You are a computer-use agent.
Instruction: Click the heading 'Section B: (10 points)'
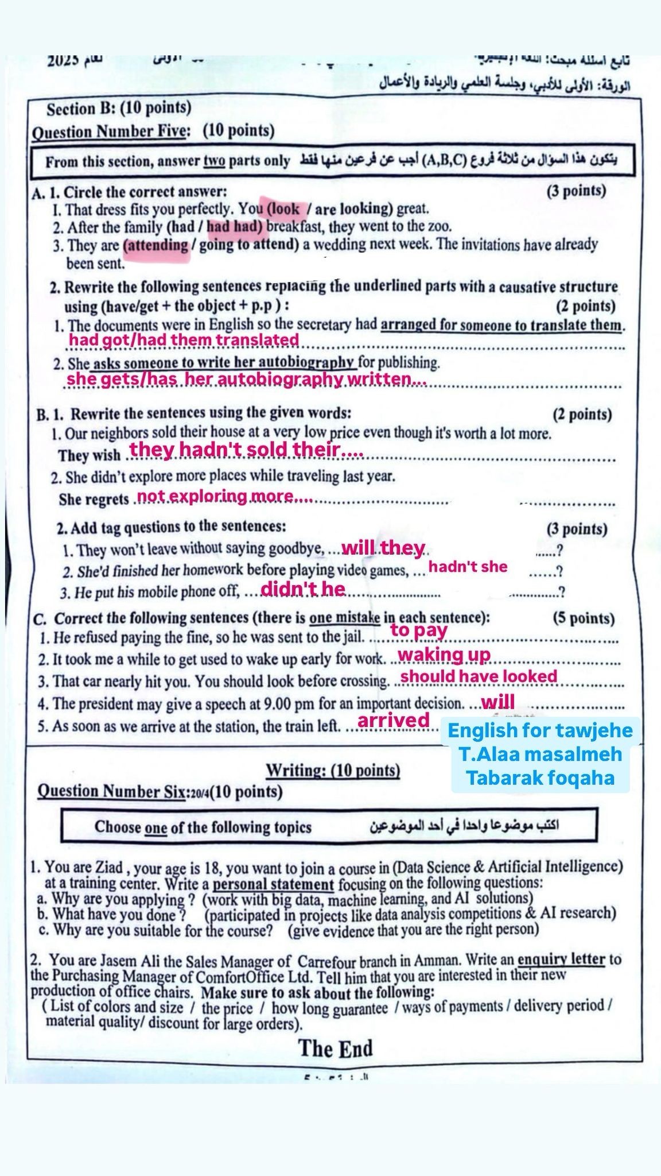click(119, 108)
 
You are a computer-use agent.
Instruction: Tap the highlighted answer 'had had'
click(234, 227)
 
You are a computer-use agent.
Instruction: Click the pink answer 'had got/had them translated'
click(184, 340)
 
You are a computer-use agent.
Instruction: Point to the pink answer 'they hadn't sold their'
click(246, 450)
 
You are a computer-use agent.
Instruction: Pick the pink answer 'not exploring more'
click(224, 496)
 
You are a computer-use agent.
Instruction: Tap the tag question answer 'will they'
click(383, 548)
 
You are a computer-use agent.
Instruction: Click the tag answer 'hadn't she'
click(468, 567)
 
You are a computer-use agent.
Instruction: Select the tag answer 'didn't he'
click(303, 589)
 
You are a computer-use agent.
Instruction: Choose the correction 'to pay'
click(419, 630)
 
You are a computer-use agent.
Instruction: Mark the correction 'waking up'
click(444, 655)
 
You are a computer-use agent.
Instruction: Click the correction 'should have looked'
click(479, 676)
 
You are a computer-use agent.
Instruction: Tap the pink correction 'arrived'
click(394, 720)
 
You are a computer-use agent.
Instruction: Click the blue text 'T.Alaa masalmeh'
click(541, 754)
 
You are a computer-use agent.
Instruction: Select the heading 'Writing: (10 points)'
click(333, 770)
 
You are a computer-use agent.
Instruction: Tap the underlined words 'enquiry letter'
click(561, 960)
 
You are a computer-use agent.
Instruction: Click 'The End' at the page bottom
click(336, 1049)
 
